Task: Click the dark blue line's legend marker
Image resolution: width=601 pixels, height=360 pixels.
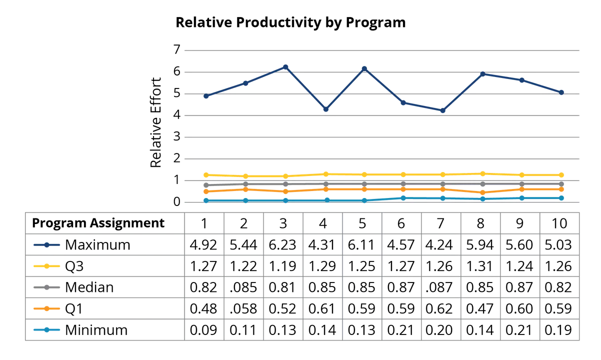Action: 46,244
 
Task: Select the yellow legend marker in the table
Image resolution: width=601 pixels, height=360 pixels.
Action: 46,266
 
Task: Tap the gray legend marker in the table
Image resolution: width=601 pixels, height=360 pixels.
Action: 46,287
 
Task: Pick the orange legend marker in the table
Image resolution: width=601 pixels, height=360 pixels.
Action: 46,308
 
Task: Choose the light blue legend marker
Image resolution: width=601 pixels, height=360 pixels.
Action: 46,329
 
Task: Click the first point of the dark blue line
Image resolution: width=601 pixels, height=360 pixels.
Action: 205,96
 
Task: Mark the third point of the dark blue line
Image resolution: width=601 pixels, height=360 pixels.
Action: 285,66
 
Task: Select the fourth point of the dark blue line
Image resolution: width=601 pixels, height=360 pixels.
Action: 326,109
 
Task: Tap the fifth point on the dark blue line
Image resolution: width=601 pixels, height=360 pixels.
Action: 364,67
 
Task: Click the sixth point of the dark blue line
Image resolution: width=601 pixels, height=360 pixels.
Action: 403,102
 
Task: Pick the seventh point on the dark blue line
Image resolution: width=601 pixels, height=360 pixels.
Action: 443,111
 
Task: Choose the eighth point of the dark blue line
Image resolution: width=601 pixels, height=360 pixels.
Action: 482,73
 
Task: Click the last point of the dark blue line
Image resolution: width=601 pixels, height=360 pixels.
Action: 562,92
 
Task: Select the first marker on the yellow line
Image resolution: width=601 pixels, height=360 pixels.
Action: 205,175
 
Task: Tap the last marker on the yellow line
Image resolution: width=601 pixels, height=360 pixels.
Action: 562,175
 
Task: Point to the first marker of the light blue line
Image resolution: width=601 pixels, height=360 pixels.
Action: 205,200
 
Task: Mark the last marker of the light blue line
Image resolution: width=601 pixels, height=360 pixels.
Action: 562,197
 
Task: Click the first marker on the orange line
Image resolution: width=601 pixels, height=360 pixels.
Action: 205,191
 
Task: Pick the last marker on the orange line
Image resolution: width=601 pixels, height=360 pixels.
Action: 562,189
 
